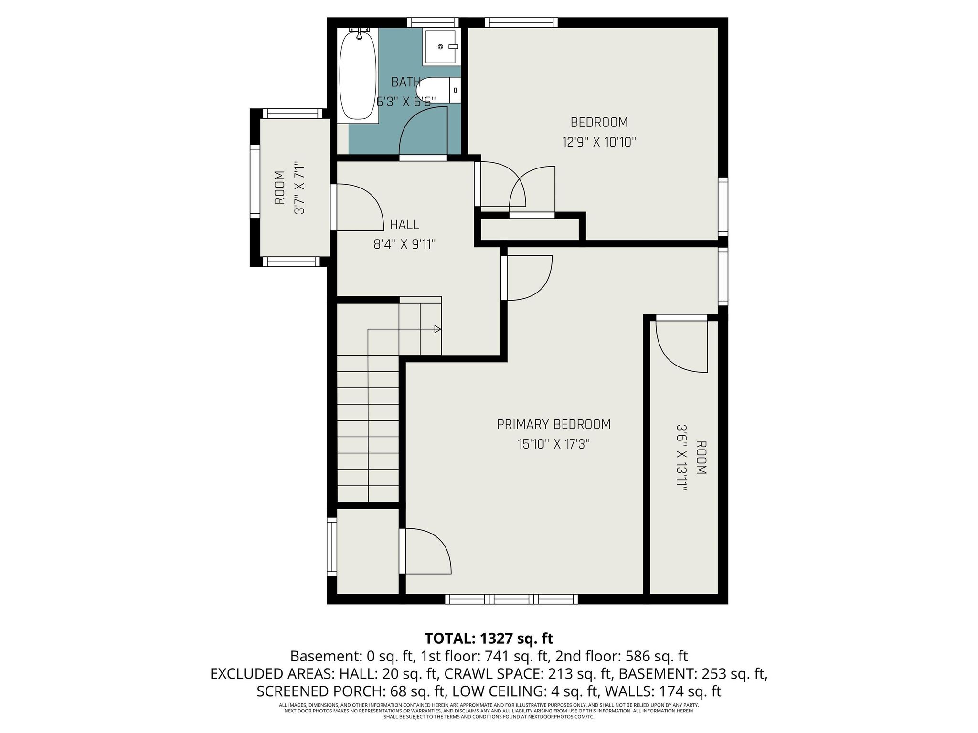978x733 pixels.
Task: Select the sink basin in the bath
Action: tap(441, 47)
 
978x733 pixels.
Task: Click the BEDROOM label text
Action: tap(599, 123)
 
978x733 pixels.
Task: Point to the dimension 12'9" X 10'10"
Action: tap(599, 142)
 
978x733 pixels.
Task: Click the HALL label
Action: tap(404, 224)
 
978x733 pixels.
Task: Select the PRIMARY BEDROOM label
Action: tap(553, 424)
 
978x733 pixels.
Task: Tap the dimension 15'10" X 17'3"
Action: tap(553, 444)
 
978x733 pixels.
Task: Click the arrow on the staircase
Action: tap(437, 329)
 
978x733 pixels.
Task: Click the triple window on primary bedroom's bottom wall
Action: tap(511, 599)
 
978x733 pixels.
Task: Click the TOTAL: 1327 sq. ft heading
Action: tap(489, 638)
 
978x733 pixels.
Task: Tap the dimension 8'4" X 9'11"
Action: tap(404, 244)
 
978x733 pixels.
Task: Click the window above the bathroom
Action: tap(433, 22)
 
